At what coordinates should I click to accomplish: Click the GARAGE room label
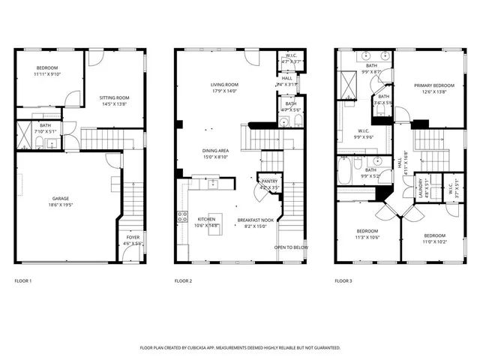(x=61, y=199)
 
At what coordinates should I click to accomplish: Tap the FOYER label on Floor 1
(x=133, y=238)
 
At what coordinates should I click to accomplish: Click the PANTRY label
(x=268, y=181)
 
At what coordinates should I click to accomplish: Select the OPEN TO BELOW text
(x=291, y=247)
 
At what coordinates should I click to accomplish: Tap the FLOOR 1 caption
(x=23, y=281)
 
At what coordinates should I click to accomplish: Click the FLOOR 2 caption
(x=184, y=281)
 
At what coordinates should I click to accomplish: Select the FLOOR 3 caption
(x=343, y=281)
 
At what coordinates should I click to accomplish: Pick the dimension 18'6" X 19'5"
(x=61, y=204)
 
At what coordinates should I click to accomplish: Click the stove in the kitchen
(x=182, y=218)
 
